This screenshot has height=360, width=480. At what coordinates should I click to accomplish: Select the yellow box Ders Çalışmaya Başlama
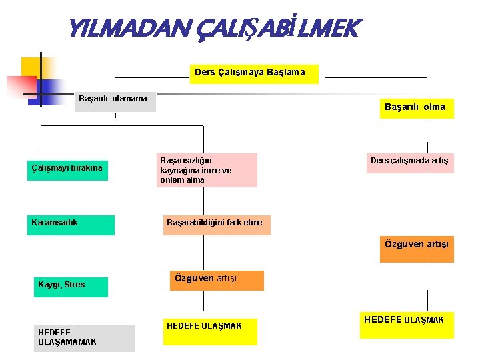pos(250,73)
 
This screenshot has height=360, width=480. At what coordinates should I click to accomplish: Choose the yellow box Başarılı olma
pos(416,108)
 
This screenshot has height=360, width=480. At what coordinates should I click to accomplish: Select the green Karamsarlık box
pos(72,225)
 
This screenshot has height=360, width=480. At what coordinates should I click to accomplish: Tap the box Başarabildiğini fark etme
pos(217,225)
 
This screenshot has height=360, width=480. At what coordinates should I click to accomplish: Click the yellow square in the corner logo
pos(31,67)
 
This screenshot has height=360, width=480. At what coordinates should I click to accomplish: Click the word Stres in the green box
pos(75,285)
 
